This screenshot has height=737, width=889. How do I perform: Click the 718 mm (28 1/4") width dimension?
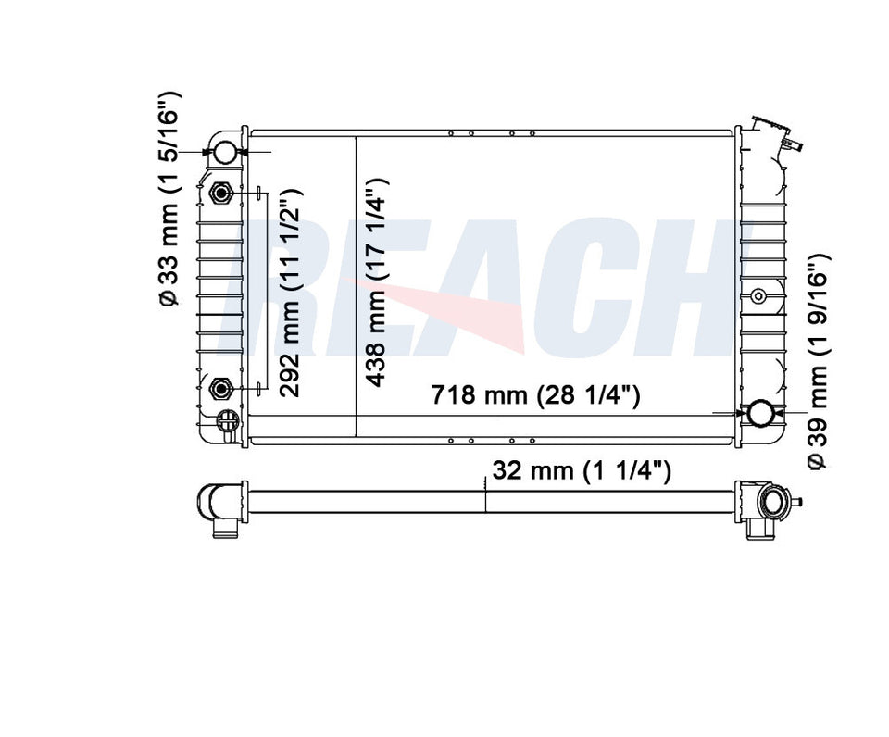point(535,394)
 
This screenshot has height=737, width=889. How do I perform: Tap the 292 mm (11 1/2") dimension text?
point(290,293)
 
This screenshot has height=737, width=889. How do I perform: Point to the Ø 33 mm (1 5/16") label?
point(169,198)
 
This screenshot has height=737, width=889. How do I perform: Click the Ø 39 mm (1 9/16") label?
point(817,360)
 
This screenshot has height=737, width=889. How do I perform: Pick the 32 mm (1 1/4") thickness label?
point(582,470)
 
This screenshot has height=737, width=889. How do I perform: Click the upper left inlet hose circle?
point(225,151)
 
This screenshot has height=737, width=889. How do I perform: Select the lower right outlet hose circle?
point(758,413)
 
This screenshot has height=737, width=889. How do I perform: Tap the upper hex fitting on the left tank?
point(220,194)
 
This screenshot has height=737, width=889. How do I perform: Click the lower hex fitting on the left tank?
point(220,388)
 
